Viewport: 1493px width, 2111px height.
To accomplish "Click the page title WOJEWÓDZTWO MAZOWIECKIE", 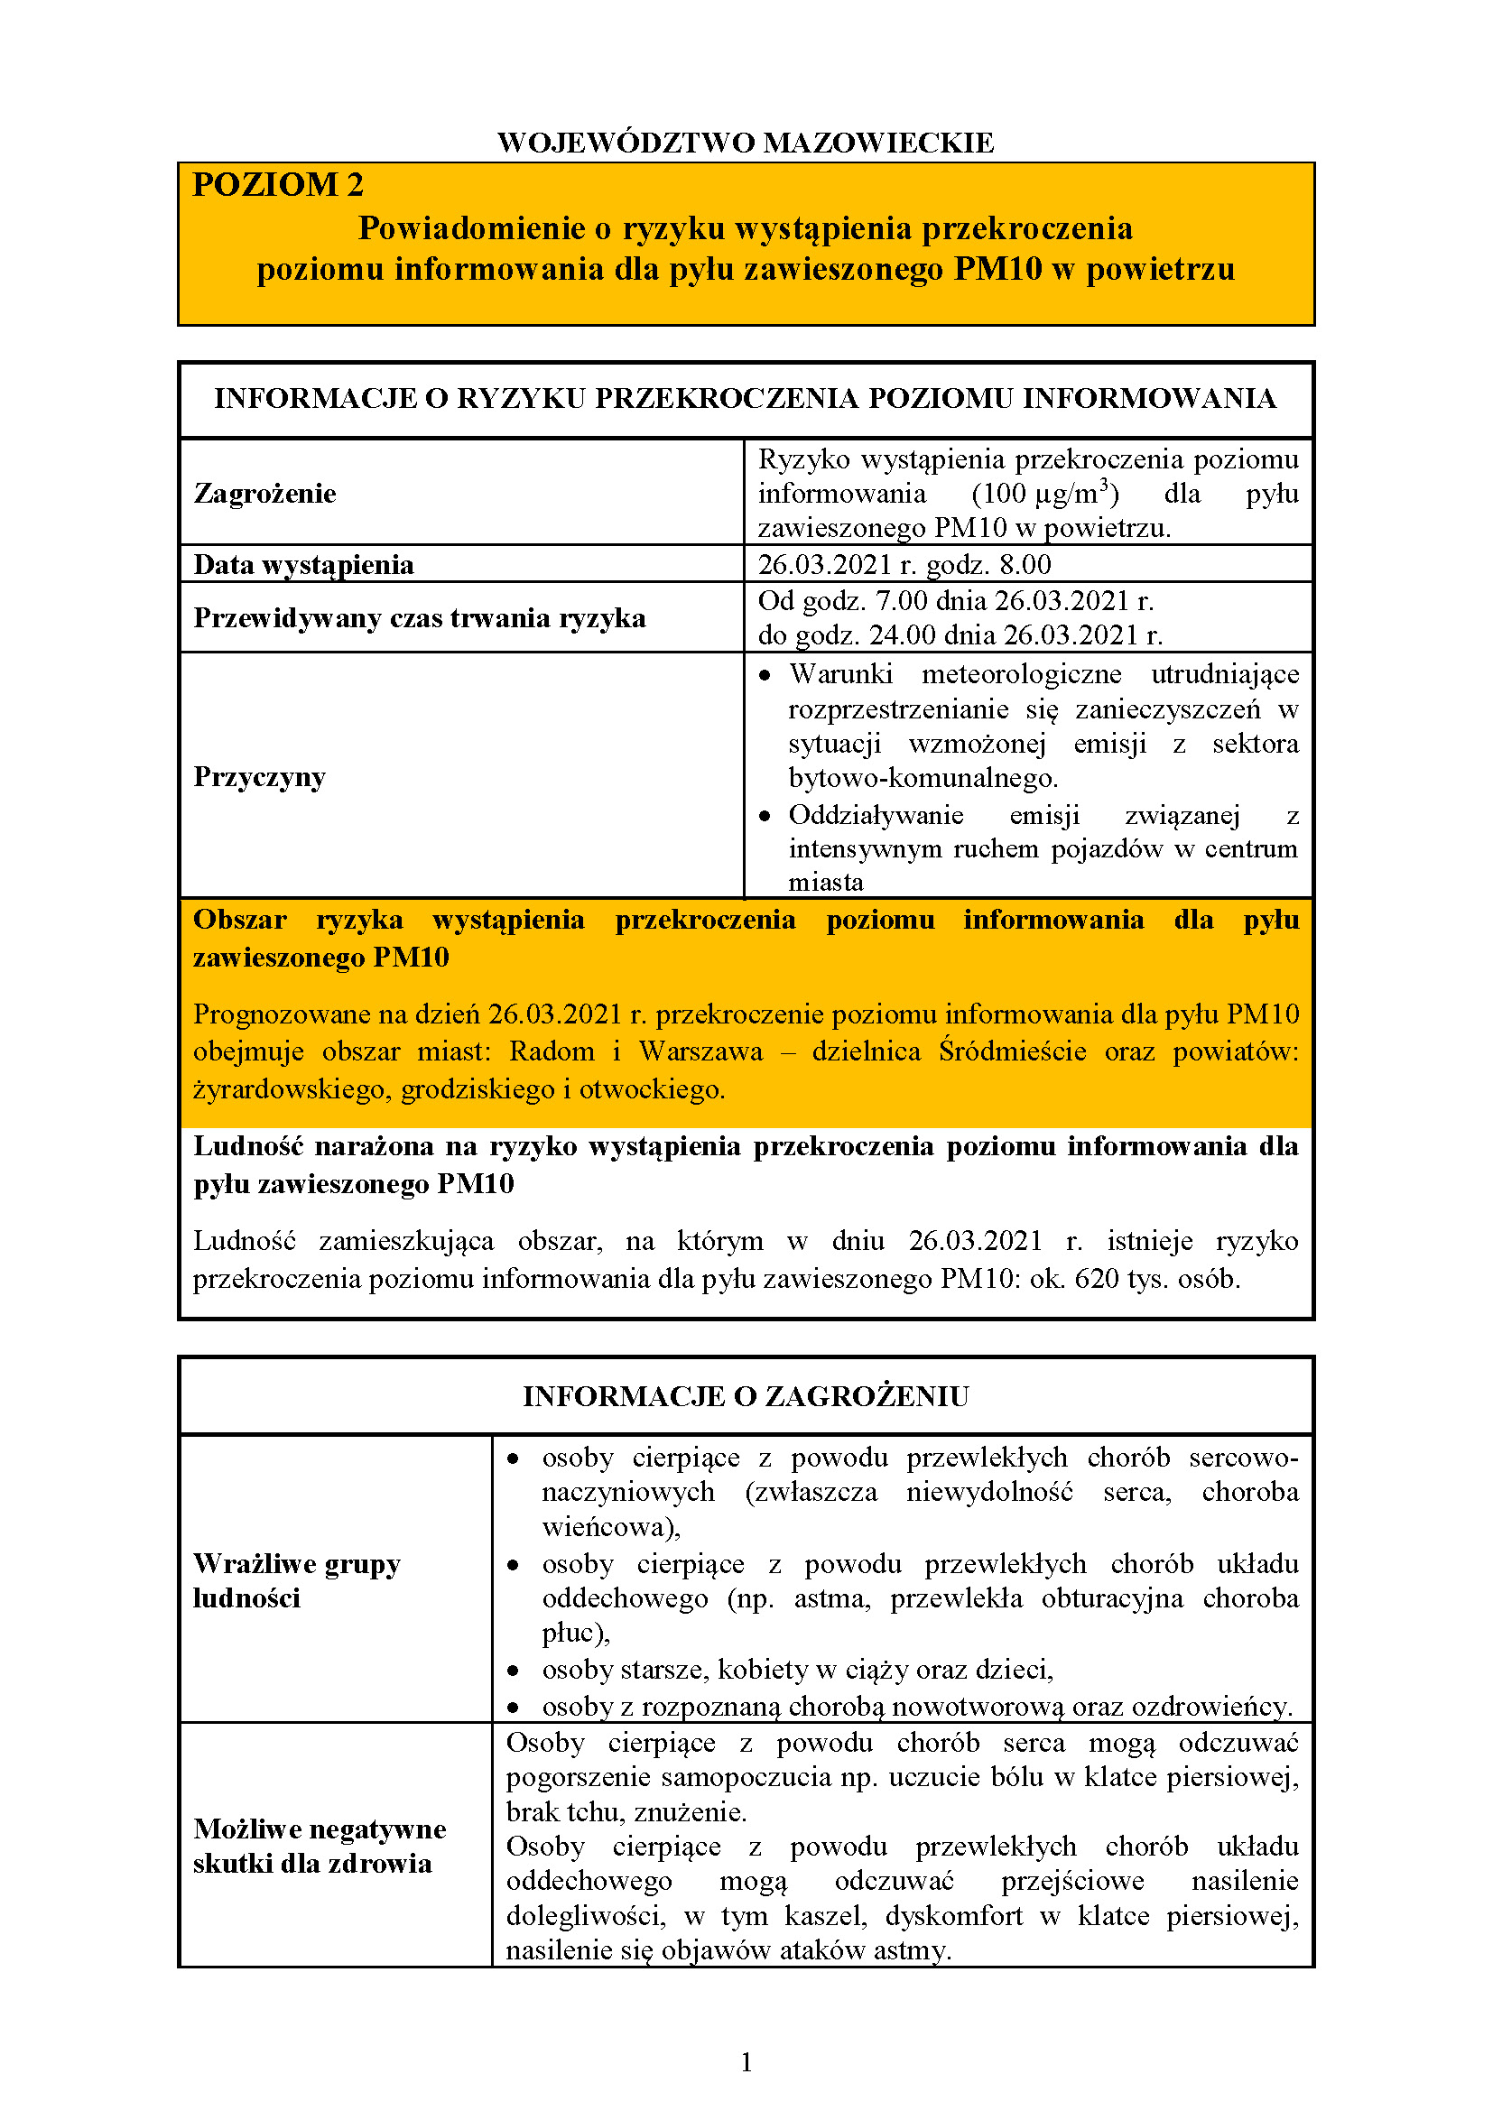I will pos(746,143).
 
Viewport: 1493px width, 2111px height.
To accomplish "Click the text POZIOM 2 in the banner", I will pos(278,185).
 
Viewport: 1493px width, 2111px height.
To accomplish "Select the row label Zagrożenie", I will pos(264,494).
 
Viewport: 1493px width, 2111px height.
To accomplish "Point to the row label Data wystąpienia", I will pos(303,564).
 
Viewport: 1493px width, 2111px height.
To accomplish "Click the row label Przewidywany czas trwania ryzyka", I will pos(419,618).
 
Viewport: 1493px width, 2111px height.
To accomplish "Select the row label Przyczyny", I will pos(259,777).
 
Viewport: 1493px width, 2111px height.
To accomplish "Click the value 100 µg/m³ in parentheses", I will pos(1045,494).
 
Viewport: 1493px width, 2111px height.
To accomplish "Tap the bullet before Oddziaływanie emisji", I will pos(765,817).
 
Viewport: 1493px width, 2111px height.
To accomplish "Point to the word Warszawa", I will pos(700,1051).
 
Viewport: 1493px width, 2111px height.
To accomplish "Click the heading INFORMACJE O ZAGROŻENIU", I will pos(746,1395).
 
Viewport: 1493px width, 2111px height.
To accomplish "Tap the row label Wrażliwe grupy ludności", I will pos(296,1580).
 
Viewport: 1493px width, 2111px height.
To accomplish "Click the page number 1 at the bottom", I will pos(746,2062).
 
